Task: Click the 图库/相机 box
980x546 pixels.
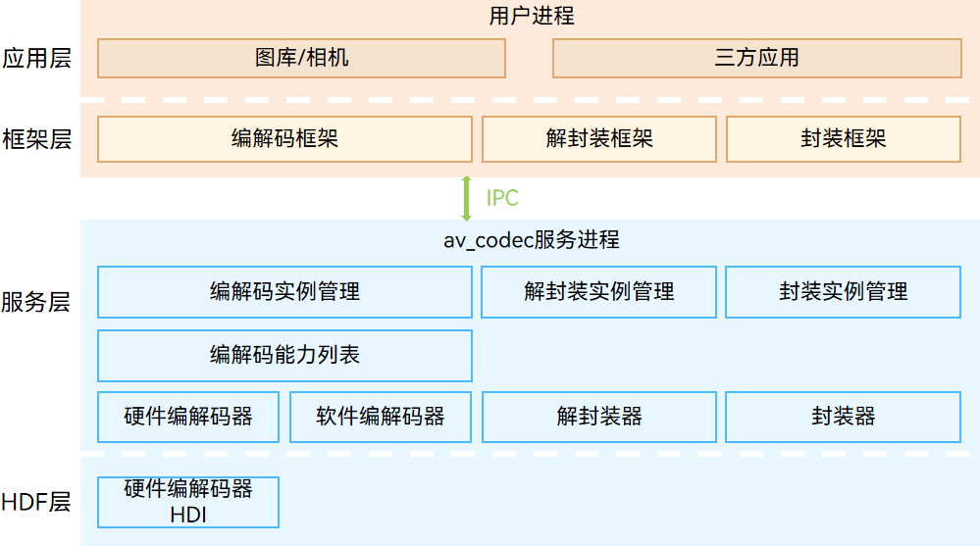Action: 301,58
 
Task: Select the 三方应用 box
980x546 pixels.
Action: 756,58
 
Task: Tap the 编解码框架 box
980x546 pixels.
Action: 284,139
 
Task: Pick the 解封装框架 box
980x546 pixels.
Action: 598,139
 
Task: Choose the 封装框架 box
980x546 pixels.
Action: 843,139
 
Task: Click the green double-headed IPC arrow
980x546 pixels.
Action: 467,198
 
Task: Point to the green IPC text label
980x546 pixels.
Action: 502,198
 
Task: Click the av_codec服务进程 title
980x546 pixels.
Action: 531,240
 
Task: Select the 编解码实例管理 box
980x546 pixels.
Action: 284,292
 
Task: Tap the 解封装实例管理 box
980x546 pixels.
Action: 598,292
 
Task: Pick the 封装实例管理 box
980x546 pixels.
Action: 843,292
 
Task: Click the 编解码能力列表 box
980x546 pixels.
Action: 284,355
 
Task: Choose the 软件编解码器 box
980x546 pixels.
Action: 381,417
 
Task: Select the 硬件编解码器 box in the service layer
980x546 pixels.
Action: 188,417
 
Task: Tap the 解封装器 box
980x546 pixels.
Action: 598,417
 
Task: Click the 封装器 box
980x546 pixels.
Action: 843,417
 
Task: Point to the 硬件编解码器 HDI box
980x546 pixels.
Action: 188,502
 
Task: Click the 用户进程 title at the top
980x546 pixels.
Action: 531,16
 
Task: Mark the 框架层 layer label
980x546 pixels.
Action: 36,139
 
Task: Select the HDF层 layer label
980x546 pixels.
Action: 36,503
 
